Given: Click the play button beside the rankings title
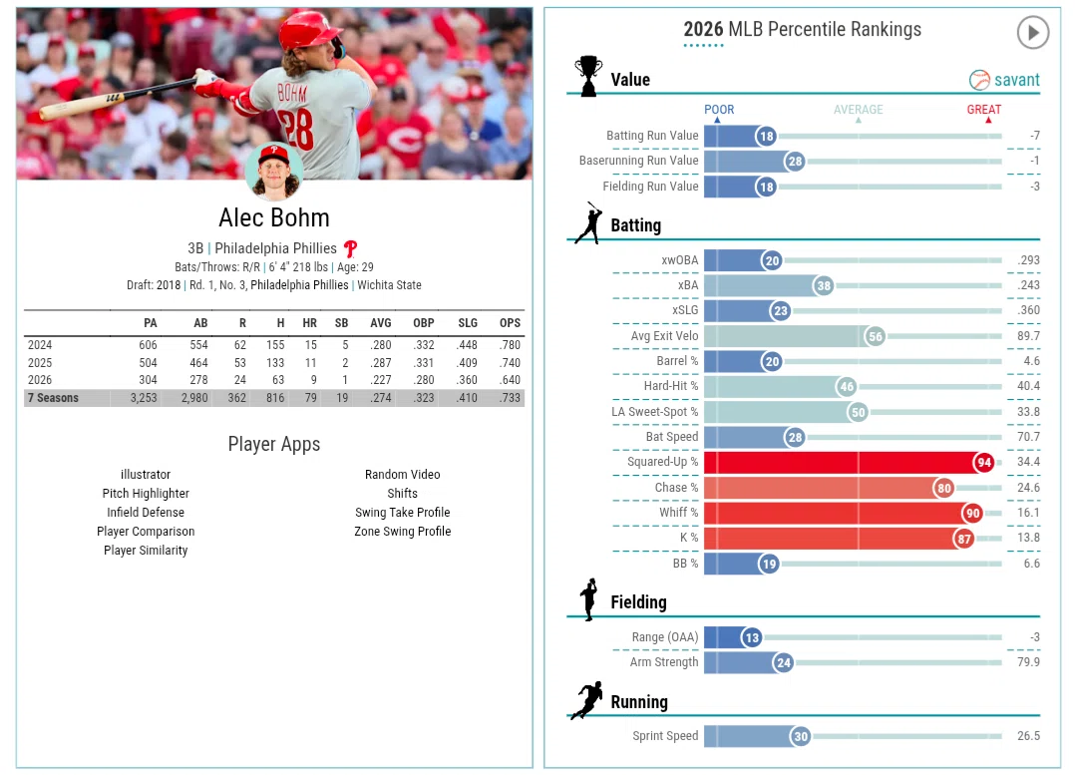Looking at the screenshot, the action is click(x=1032, y=32).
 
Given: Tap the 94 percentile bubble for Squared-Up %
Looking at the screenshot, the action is click(x=984, y=463).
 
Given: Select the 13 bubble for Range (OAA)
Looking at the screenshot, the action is click(x=752, y=637).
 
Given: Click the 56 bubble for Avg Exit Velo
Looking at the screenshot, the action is click(x=875, y=337).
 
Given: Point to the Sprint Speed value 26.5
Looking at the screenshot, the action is click(x=1028, y=736).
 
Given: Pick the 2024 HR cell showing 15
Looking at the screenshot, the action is click(x=310, y=345).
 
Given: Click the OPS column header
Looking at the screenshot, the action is click(x=510, y=323).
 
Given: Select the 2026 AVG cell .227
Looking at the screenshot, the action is click(x=381, y=380).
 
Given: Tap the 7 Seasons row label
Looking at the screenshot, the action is click(x=53, y=398).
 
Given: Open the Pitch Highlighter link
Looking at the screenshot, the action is click(x=146, y=494).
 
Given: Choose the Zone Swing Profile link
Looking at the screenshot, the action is click(x=403, y=531).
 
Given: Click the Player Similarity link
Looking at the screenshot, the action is click(x=146, y=551).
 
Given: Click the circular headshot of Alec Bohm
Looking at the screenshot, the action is click(x=274, y=172).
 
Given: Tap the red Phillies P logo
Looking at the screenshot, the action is click(x=350, y=248).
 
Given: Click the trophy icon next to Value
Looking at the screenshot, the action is click(x=588, y=76).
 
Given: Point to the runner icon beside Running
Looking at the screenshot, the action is click(x=587, y=700).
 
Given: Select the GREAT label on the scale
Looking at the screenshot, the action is click(x=983, y=110).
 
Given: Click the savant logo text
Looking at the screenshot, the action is click(x=1016, y=81).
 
